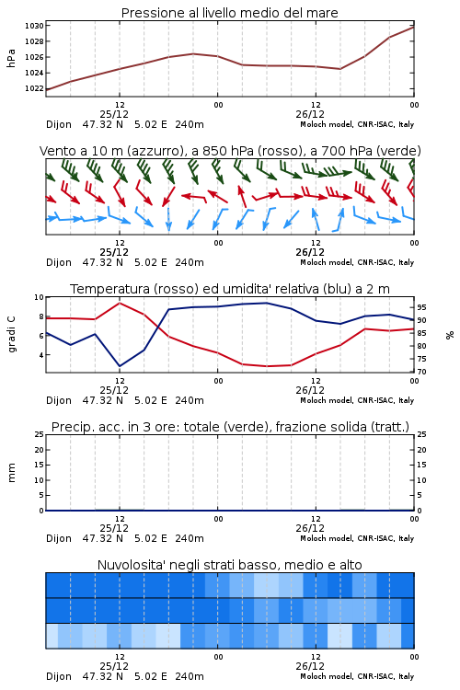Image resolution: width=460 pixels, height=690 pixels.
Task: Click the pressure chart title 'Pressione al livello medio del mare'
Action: click(229, 13)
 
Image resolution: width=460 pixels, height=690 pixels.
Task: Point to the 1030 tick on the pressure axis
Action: click(34, 26)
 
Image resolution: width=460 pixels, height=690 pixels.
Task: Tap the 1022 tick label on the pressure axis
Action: click(34, 88)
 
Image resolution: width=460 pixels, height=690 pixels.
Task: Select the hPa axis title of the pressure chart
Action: click(11, 58)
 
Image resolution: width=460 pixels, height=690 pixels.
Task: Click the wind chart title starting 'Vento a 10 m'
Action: click(230, 151)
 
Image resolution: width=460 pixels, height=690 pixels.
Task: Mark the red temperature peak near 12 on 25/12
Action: click(120, 303)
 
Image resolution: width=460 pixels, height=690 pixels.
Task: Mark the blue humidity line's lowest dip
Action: click(120, 366)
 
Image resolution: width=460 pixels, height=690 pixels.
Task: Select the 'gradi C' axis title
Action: click(11, 335)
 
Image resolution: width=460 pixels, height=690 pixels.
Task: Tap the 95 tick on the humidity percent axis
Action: click(421, 307)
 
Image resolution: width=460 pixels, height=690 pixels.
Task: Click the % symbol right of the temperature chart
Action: click(450, 335)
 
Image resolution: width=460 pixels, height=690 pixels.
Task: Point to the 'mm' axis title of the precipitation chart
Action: click(11, 473)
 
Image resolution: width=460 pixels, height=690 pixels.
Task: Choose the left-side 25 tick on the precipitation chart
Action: click(40, 434)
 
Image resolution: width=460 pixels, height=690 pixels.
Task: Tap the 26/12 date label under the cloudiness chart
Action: click(310, 666)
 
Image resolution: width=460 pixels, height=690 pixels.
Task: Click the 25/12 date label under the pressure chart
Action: click(114, 114)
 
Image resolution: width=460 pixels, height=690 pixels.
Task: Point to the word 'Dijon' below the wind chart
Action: click(59, 262)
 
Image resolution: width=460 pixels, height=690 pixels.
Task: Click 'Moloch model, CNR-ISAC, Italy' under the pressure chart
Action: click(357, 124)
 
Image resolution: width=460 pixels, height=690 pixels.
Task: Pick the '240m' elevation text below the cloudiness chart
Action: click(190, 676)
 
